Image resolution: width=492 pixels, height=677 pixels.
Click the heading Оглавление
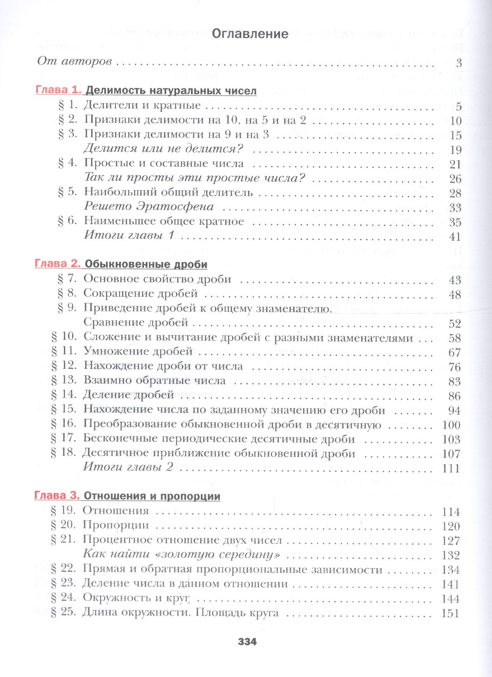250,34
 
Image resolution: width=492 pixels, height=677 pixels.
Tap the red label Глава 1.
59,90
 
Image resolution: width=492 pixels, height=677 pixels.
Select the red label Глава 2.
58,263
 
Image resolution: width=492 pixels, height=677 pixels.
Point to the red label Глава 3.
57,495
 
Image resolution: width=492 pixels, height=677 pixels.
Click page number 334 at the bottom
247,642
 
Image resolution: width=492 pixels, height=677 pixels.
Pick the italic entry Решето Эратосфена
149,206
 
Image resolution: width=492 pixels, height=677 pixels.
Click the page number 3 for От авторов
459,63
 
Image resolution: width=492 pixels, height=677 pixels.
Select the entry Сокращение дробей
141,294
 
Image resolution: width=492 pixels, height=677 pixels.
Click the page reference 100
451,425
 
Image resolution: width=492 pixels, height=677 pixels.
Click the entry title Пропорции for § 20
116,525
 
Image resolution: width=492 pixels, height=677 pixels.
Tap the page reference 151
450,613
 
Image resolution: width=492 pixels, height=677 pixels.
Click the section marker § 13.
64,380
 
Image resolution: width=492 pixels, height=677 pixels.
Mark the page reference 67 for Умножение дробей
454,353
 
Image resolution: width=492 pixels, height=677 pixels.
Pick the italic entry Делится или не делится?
163,148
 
